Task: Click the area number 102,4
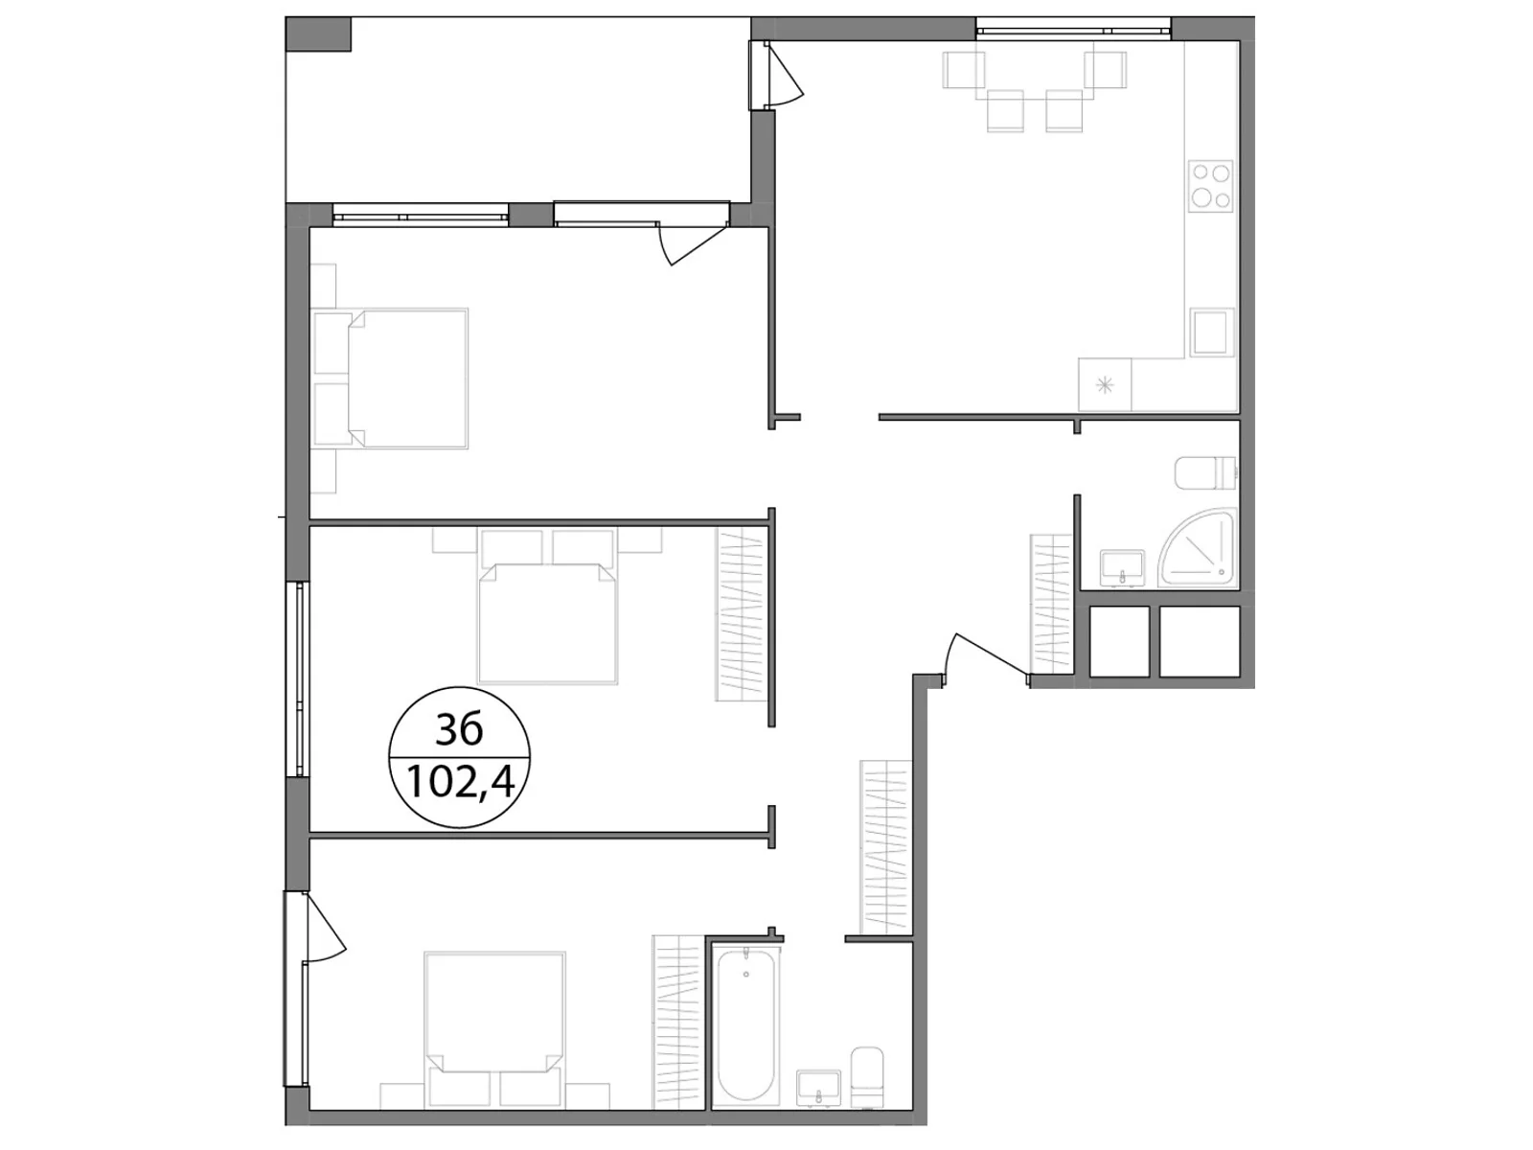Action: (461, 783)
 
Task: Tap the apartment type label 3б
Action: (459, 731)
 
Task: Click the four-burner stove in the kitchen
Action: (1209, 187)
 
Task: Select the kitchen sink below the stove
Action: (1210, 333)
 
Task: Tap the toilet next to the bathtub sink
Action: (867, 1076)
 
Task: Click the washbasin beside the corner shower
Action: (1122, 565)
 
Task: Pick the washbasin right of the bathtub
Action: (818, 1088)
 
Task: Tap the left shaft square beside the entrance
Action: (1120, 641)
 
